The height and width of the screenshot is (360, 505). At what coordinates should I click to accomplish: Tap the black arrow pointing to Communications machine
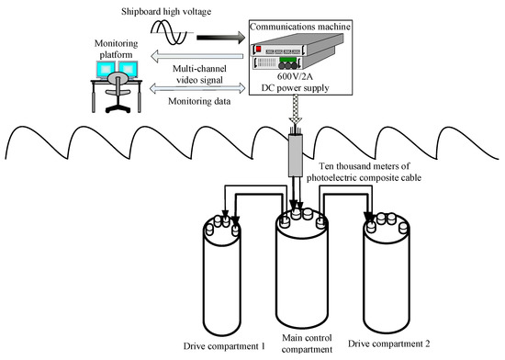coord(221,38)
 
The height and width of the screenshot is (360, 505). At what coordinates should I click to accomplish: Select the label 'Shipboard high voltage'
coord(166,12)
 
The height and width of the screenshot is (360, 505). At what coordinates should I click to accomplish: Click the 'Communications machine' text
coord(300,27)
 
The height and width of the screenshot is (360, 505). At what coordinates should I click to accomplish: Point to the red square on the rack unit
coord(258,49)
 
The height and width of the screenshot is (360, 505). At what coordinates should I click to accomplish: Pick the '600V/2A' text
coord(295,76)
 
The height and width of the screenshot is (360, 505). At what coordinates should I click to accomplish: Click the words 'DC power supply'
coord(295,88)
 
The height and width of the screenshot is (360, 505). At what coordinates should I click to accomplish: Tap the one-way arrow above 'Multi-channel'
coord(196,56)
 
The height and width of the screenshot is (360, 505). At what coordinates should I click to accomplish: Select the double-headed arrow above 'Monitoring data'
coord(197,87)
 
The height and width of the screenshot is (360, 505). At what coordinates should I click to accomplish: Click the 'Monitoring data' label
coord(199,101)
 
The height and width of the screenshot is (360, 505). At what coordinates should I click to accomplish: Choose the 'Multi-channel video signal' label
coord(199,74)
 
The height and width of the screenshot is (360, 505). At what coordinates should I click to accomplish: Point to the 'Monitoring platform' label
coord(116,49)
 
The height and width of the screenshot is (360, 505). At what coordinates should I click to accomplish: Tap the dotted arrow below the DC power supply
coord(296,109)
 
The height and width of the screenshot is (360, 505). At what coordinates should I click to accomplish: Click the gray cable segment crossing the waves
coord(296,155)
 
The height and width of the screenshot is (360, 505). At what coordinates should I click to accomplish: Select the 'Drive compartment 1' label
coord(224,346)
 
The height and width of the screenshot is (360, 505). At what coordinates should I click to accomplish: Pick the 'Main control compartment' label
coord(307,343)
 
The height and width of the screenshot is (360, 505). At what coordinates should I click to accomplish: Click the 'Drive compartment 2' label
coord(388,343)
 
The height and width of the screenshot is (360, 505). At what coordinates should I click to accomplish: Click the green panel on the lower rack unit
coord(287,60)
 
